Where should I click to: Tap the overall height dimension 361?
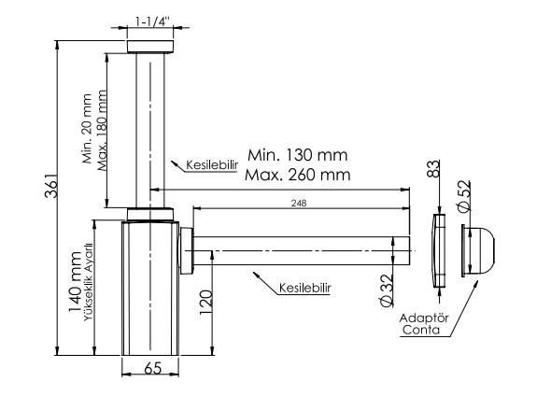tap(52, 185)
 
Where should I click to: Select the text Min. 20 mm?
tap(87, 129)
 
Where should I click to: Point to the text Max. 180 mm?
tap(102, 130)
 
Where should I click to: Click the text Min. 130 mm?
tap(297, 155)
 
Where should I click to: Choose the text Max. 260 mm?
tap(298, 175)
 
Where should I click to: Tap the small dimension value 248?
tap(299, 203)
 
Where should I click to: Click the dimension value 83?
tap(433, 168)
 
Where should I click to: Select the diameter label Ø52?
tap(464, 195)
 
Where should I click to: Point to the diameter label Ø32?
tap(387, 290)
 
